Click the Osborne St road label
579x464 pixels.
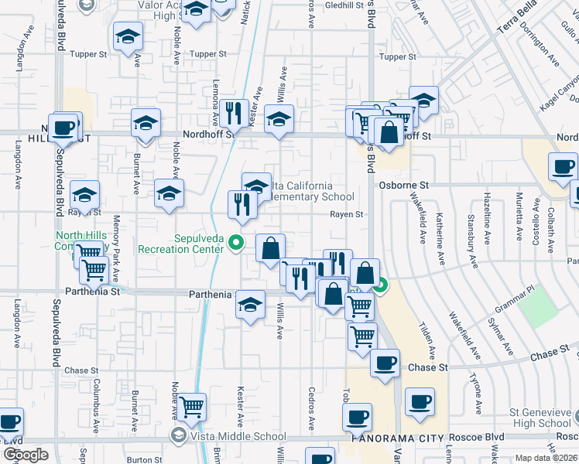click(403, 186)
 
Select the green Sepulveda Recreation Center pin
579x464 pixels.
click(238, 243)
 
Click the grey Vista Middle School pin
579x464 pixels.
click(180, 436)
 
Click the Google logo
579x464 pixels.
click(26, 455)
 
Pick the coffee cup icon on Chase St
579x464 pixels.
click(385, 363)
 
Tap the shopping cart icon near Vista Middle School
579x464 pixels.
click(191, 405)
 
